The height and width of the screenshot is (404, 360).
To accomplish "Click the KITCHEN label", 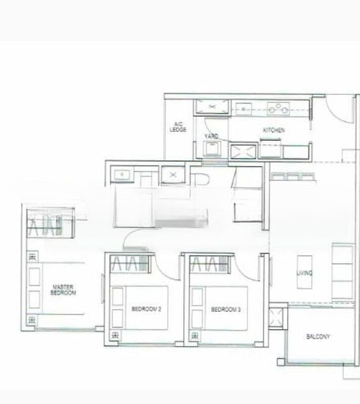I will pyautogui.click(x=274, y=130).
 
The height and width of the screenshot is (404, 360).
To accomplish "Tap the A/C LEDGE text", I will pyautogui.click(x=179, y=127).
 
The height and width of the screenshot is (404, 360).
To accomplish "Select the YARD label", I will pyautogui.click(x=211, y=137).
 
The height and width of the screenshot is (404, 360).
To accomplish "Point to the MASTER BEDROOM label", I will pyautogui.click(x=64, y=291).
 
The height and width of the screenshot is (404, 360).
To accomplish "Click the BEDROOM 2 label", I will pyautogui.click(x=146, y=309).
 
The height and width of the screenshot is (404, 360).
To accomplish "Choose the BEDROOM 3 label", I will pyautogui.click(x=225, y=309).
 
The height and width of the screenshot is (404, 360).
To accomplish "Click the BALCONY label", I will pyautogui.click(x=318, y=336).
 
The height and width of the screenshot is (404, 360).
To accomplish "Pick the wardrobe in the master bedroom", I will pyautogui.click(x=49, y=222).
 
